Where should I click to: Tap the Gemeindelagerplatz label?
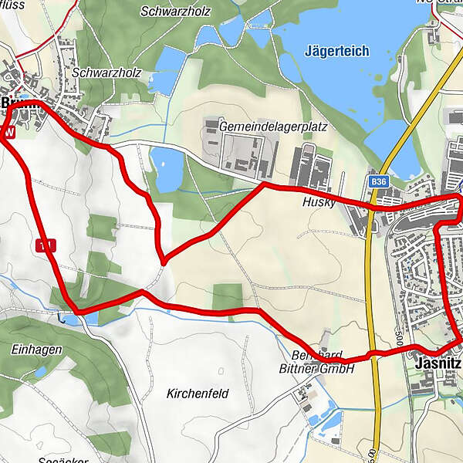(x=262, y=125)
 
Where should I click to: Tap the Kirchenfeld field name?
(x=198, y=394)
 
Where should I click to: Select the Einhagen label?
(x=35, y=350)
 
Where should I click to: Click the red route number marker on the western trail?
(x=46, y=245)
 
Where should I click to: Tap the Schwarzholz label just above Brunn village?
(x=99, y=72)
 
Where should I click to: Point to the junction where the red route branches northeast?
(x=163, y=260)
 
